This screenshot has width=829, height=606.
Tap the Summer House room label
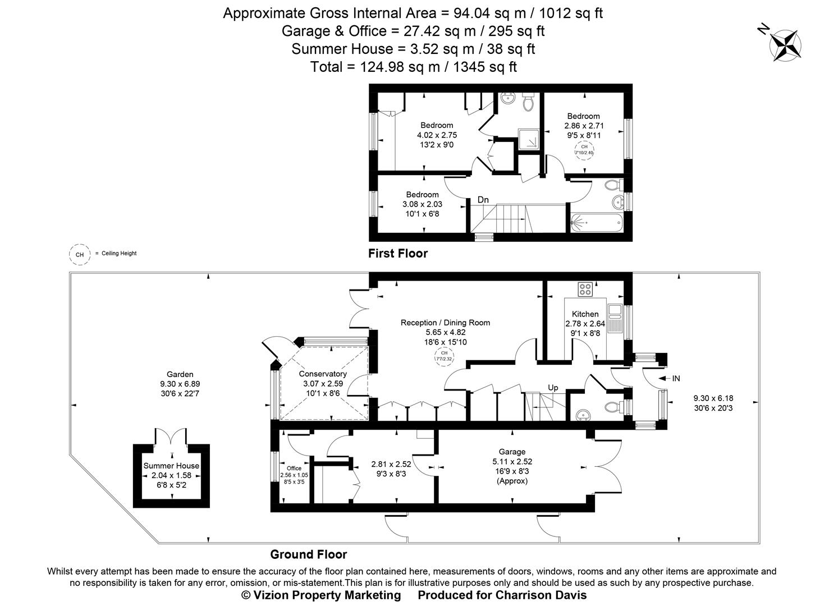coord(171,466)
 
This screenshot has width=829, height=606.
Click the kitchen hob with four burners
coord(585,290)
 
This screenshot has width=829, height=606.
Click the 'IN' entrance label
coord(676,379)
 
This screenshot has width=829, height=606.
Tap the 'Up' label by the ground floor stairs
coord(553,388)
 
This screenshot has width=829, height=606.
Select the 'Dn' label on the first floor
coord(483,200)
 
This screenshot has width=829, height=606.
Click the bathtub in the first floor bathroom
coord(596,223)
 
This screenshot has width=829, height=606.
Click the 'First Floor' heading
coord(397,254)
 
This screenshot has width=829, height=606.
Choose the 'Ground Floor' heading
coord(308,555)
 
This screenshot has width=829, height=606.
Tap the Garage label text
coord(512,452)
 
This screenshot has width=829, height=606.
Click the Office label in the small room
coord(294,468)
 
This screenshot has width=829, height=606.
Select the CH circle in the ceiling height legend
coord(80,254)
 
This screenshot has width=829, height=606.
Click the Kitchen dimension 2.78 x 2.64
coord(585,324)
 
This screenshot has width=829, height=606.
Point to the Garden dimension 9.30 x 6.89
coord(180,384)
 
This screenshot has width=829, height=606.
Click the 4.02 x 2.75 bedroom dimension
coord(437,135)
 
